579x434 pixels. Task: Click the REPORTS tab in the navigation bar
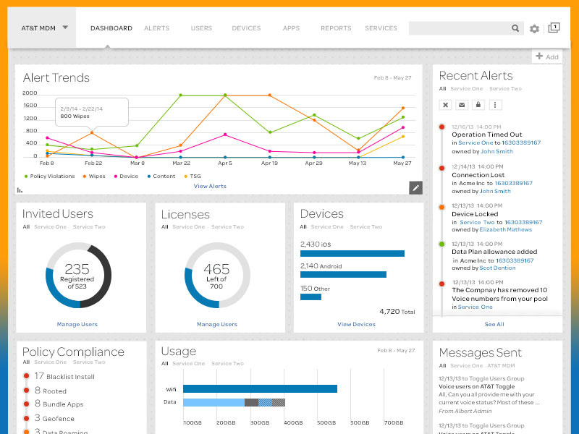coord(336,28)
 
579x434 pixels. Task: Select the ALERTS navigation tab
coord(156,28)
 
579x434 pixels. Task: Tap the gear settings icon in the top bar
coord(534,29)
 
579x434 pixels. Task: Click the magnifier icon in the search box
coord(515,28)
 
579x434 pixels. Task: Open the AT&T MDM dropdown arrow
coord(65,27)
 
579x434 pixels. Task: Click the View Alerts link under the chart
coord(210,187)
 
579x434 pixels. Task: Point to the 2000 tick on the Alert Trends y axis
coord(30,93)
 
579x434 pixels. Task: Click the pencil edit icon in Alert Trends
coord(415,188)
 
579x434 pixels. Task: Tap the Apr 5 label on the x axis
coord(224,163)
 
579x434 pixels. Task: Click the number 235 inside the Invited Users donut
coord(77,269)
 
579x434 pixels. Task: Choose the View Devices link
coord(356,325)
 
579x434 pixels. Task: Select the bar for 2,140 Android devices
coord(343,275)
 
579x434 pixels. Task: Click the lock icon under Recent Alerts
coord(478,105)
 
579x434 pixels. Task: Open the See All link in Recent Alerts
coord(494,325)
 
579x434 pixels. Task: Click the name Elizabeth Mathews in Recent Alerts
coord(505,230)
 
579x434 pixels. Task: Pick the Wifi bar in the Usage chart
coord(260,388)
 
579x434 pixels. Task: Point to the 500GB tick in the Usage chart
coord(326,422)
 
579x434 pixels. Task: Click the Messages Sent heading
coord(480,353)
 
